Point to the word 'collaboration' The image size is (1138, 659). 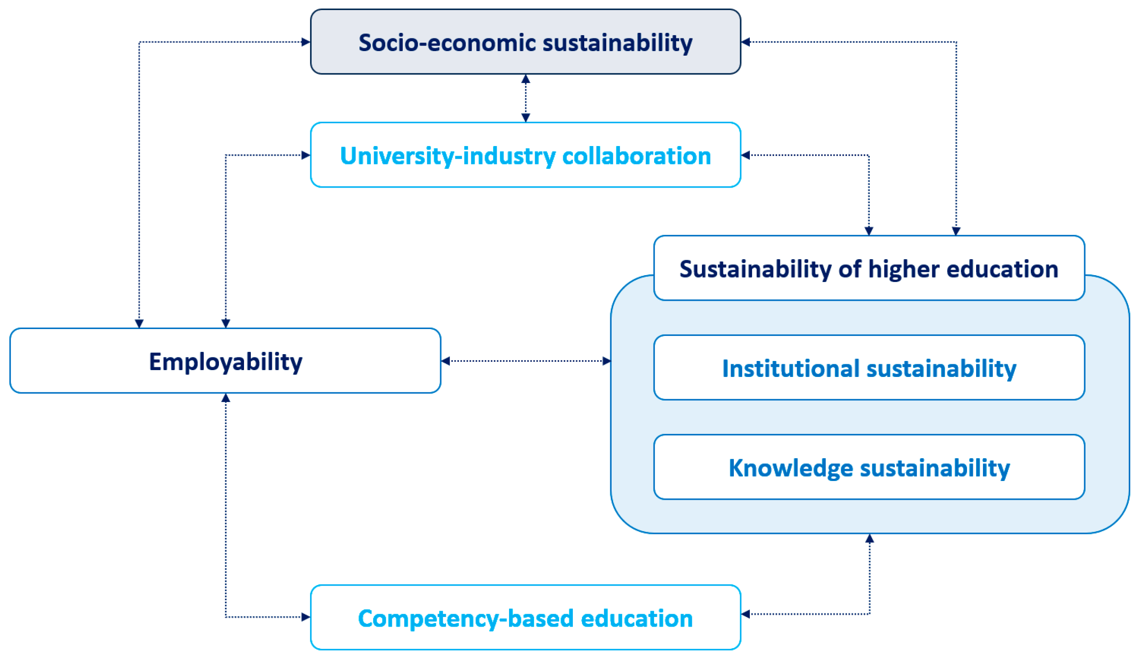636,156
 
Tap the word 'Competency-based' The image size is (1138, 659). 465,619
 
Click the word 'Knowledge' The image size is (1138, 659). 790,468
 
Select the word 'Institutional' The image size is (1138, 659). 790,368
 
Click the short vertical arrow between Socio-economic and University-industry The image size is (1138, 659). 525,98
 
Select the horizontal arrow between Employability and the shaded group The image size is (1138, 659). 525,361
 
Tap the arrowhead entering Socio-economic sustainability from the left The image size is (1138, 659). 306,42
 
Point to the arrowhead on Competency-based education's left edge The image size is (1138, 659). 306,617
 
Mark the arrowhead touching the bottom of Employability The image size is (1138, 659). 225,398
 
